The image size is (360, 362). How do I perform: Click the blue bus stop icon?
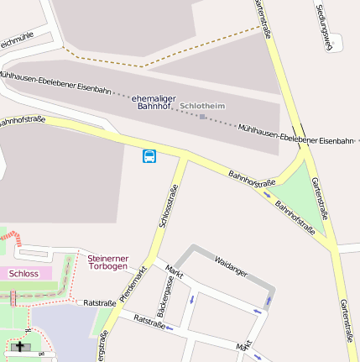coord(149,156)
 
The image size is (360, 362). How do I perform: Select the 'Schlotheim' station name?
coord(203,106)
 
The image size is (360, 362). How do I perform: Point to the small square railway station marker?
coord(202,117)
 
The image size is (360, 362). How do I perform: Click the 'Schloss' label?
coord(23,273)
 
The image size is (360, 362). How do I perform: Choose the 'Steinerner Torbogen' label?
coord(108,262)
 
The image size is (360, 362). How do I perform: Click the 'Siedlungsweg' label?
coord(324,25)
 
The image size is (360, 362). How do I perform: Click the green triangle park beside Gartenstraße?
coord(302,189)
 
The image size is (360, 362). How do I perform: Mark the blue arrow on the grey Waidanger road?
coord(269,299)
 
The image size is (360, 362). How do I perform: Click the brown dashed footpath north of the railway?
coord(143,64)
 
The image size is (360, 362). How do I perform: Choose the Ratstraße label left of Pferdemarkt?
coord(100,302)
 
